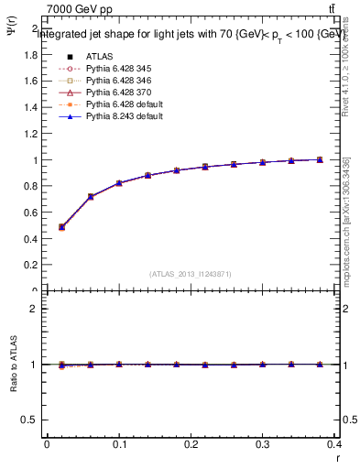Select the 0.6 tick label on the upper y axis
pyautogui.click(x=31, y=213)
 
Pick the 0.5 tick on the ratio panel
pyautogui.click(x=31, y=420)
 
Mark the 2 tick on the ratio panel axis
pyautogui.click(x=35, y=309)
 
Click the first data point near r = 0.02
pyautogui.click(x=61, y=226)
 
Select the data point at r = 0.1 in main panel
pyautogui.click(x=119, y=183)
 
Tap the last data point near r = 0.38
pyautogui.click(x=320, y=159)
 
